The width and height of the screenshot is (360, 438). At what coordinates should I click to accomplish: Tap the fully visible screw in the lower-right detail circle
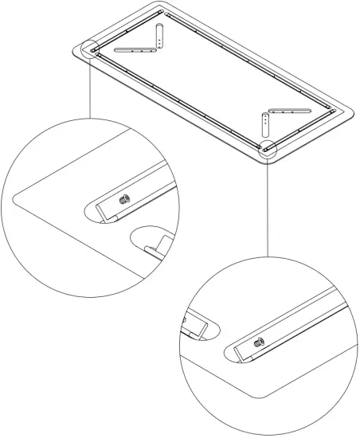tap(260, 344)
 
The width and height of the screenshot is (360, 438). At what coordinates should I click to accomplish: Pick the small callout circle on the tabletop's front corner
tap(266, 147)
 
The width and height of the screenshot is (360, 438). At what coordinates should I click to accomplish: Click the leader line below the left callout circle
tap(91, 88)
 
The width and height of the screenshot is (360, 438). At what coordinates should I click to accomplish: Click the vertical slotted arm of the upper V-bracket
tap(161, 35)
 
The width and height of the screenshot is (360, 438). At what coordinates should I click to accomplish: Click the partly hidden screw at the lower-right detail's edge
tap(184, 323)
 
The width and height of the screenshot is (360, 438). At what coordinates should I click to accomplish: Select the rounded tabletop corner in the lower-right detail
tap(255, 393)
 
